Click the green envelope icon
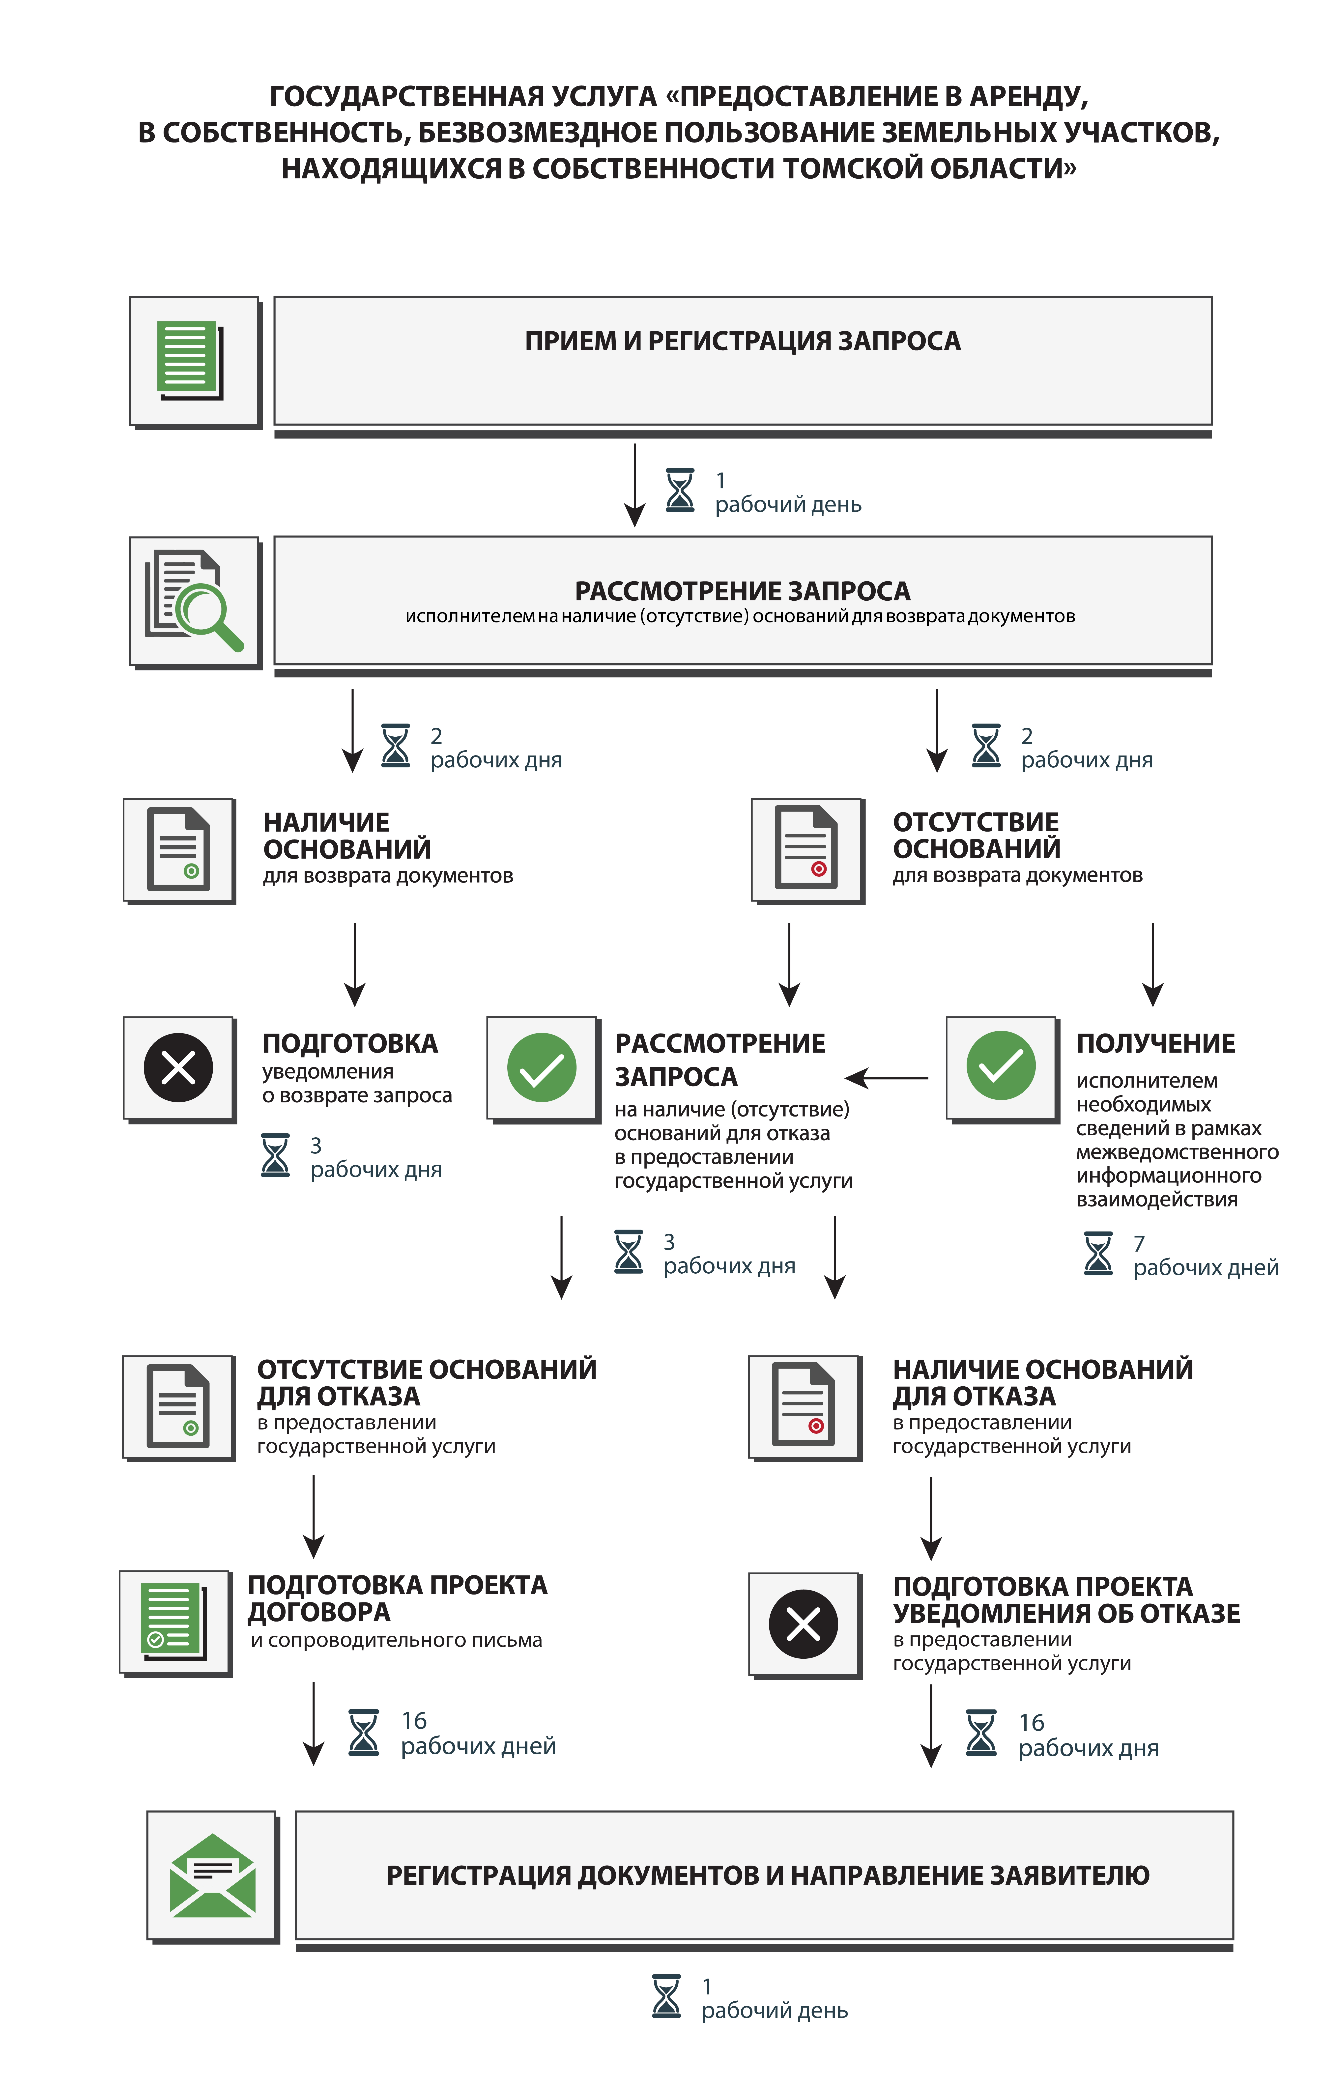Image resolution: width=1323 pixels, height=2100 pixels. (x=213, y=1875)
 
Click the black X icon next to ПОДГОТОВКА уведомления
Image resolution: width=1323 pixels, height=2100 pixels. (x=179, y=1067)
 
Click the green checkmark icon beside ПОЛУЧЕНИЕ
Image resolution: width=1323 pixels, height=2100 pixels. (x=1001, y=1066)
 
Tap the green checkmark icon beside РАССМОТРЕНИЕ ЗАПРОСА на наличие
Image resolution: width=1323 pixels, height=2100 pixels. (x=542, y=1067)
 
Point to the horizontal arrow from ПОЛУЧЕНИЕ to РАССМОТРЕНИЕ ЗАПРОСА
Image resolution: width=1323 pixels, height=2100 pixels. (x=887, y=1079)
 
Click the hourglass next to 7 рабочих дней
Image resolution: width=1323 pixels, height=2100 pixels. (x=1098, y=1254)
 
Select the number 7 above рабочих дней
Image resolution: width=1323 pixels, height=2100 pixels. (x=1139, y=1243)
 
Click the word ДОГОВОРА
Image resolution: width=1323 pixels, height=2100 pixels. (x=319, y=1613)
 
